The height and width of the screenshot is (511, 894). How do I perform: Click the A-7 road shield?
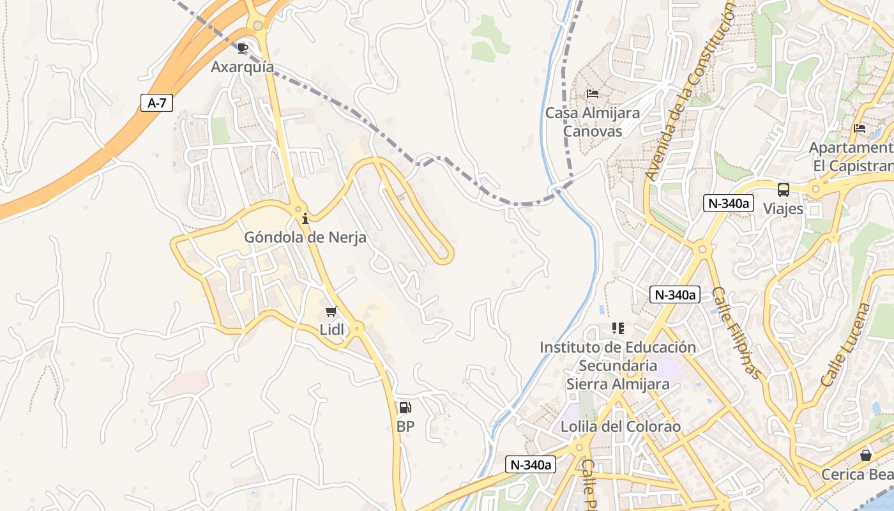[156, 103]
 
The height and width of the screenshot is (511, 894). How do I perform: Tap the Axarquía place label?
[243, 67]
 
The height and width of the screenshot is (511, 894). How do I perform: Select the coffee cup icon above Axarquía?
[243, 48]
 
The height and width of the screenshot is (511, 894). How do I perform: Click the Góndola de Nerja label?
[305, 238]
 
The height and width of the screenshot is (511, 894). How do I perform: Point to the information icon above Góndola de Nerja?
[305, 219]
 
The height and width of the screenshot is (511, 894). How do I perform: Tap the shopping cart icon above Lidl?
[331, 312]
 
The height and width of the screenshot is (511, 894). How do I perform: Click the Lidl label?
[331, 330]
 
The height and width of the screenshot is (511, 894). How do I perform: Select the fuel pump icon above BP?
[405, 408]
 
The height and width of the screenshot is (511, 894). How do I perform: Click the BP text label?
[405, 427]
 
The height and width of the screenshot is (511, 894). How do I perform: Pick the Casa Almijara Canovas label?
[592, 122]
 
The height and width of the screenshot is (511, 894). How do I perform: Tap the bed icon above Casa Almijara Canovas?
[592, 94]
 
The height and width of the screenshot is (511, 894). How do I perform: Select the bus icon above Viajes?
[783, 190]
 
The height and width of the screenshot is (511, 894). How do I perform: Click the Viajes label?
[783, 209]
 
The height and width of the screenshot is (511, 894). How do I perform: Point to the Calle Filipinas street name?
[737, 333]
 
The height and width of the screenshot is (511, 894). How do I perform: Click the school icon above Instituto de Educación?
[617, 328]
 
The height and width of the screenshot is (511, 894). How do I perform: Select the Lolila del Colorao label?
[621, 427]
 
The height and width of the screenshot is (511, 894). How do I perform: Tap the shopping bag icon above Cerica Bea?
[866, 455]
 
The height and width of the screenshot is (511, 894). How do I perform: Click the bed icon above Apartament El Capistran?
[860, 128]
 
